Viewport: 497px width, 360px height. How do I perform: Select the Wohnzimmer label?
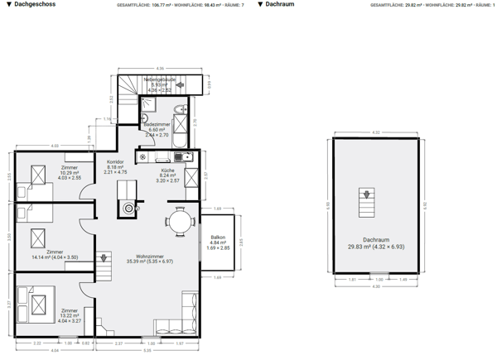tap(150, 258)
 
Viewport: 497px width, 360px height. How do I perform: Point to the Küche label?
tap(168, 175)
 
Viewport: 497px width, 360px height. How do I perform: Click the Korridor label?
tap(116, 167)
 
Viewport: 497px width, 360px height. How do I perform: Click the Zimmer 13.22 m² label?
tap(70, 314)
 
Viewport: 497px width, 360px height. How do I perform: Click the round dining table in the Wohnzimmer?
tap(179, 221)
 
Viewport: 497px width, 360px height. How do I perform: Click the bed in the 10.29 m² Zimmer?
tap(37, 176)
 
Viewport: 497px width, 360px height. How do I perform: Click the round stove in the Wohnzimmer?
tap(128, 209)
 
